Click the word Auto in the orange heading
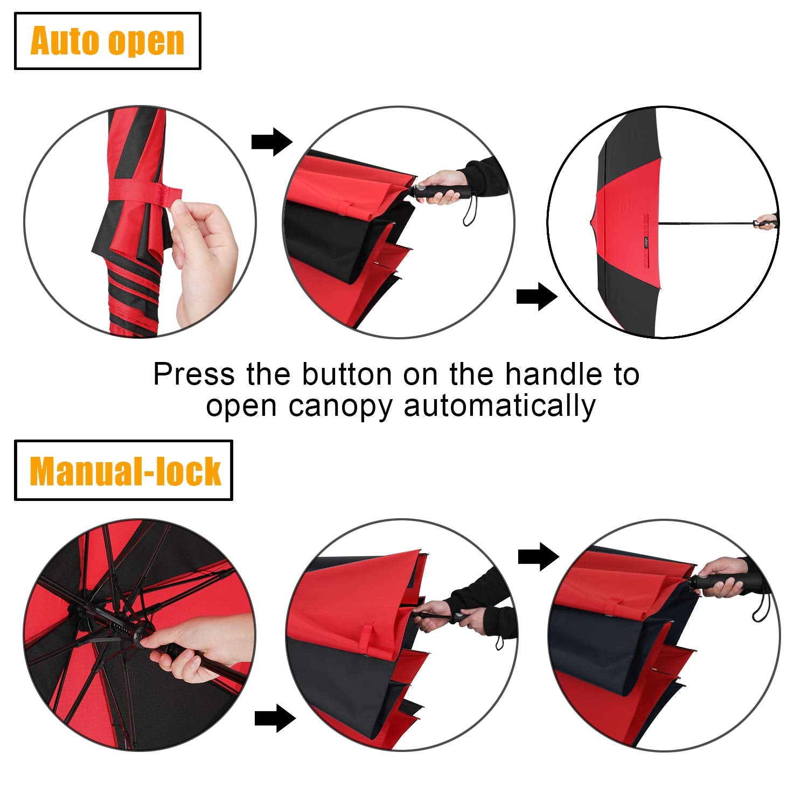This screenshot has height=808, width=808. pyautogui.click(x=65, y=41)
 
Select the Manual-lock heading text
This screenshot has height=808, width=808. pyautogui.click(x=125, y=471)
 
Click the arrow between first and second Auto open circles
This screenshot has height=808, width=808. pyautogui.click(x=271, y=142)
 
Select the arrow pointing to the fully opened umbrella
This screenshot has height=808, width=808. pyautogui.click(x=536, y=296)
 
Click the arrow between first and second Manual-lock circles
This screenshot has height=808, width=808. pyautogui.click(x=275, y=718)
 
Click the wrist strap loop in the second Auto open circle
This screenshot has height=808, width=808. pyautogui.click(x=471, y=212)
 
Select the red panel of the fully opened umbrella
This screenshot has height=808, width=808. pyautogui.click(x=625, y=221)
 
